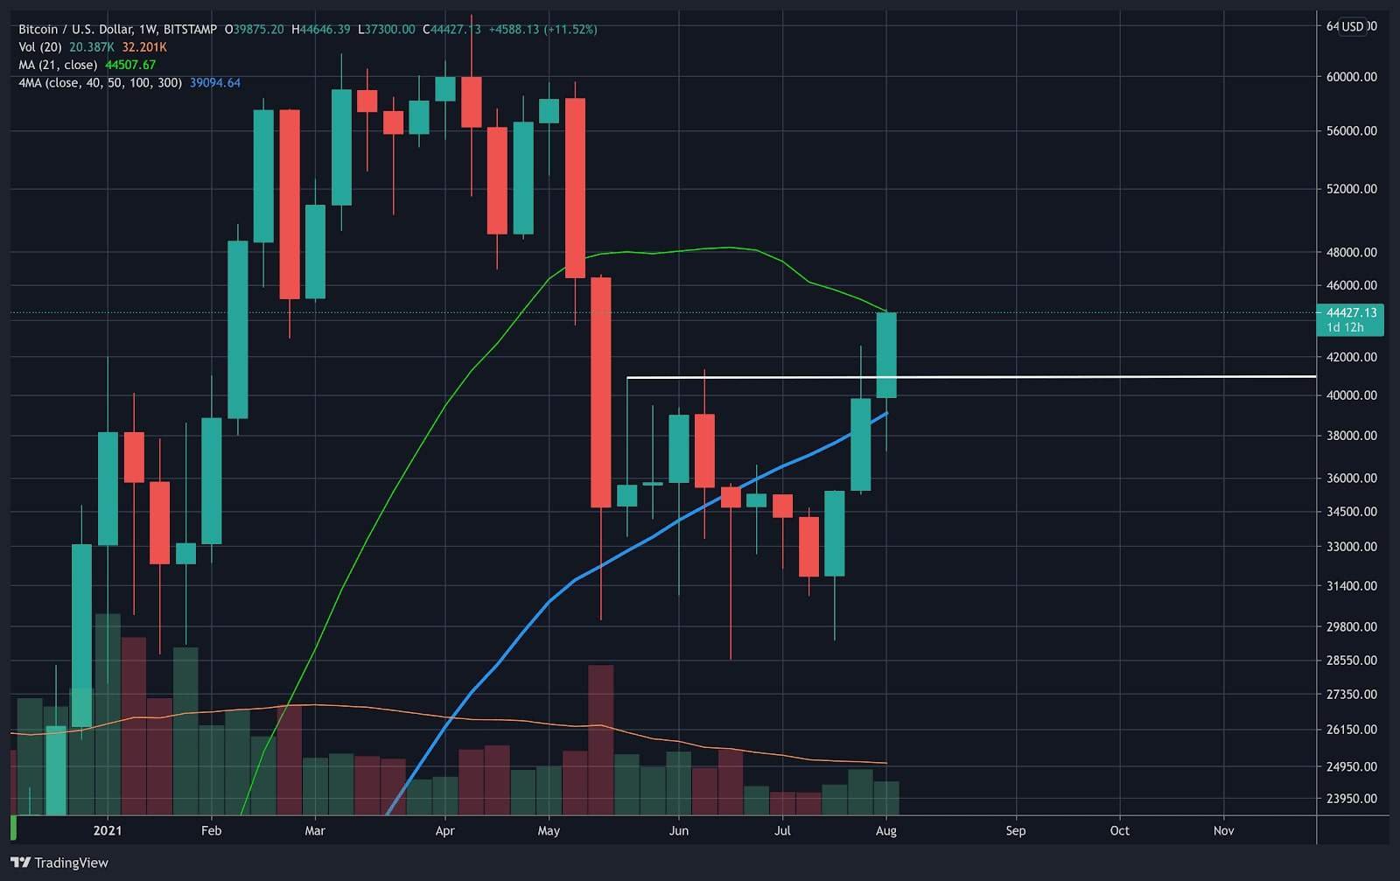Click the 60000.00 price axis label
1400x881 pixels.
tap(1351, 77)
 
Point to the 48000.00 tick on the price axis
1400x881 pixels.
tap(1351, 252)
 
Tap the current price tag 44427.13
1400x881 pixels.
tap(1351, 312)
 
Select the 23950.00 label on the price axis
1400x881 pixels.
tap(1351, 798)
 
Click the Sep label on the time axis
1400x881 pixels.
tap(1015, 830)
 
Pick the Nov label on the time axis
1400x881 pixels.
tap(1223, 830)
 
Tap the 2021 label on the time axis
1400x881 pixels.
tap(107, 830)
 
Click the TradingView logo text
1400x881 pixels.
tap(71, 863)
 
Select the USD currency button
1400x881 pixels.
tap(1353, 26)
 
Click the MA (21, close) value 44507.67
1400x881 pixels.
tap(130, 65)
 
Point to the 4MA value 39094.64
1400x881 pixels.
tap(215, 82)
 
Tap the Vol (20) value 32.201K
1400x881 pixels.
tap(144, 47)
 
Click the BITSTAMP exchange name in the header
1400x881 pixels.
tap(190, 30)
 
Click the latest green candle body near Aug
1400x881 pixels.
tap(886, 354)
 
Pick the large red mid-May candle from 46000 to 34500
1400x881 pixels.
tap(600, 392)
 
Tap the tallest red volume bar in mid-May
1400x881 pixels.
tap(600, 739)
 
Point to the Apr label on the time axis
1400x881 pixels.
tap(444, 830)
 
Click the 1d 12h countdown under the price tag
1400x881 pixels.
tap(1345, 327)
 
